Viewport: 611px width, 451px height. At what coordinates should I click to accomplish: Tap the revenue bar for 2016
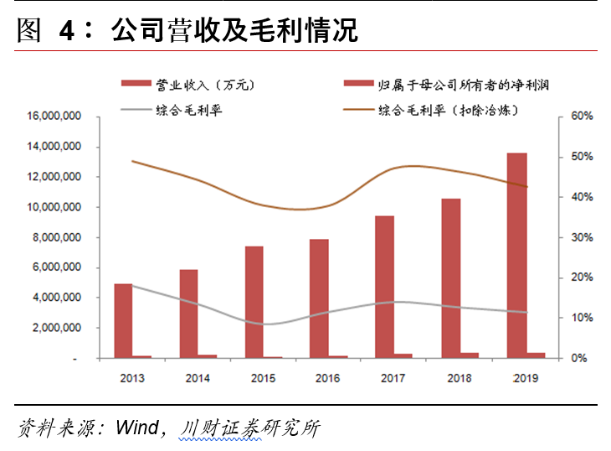pos(319,298)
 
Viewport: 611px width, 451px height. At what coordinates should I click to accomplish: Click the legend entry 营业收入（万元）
pos(188,84)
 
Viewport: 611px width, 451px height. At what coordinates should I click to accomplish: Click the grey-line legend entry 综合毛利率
pos(188,110)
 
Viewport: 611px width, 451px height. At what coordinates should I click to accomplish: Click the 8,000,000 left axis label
pos(57,237)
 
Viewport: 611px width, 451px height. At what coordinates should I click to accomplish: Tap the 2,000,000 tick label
pos(57,328)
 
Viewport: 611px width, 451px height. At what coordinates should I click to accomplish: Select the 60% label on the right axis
pos(581,117)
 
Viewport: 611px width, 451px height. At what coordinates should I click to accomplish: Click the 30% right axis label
pos(581,237)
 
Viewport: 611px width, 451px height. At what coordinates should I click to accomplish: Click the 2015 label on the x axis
pos(262,378)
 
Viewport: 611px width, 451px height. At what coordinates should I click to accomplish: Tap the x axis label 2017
pos(392,378)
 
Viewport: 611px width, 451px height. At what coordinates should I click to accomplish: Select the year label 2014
pos(197,378)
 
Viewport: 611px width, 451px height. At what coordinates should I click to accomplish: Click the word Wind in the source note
pos(137,428)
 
